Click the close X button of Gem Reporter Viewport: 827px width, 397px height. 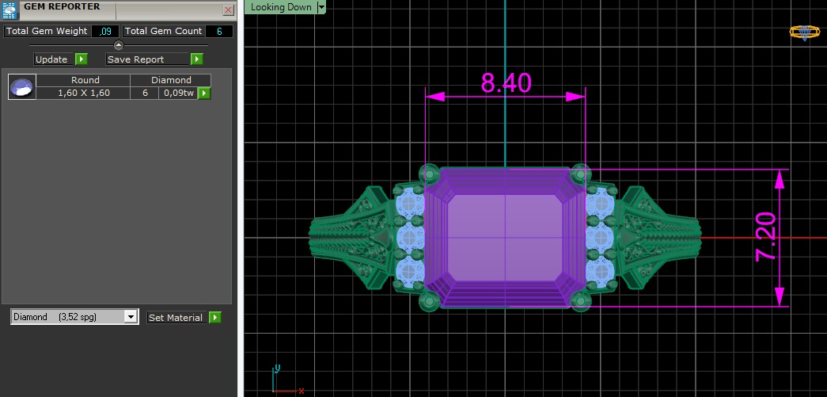click(228, 10)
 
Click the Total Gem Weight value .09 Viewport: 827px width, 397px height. click(104, 31)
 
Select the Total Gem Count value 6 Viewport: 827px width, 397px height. click(218, 31)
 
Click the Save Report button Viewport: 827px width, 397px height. click(147, 59)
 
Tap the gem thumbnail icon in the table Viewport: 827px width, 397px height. click(21, 87)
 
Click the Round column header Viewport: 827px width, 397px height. click(85, 80)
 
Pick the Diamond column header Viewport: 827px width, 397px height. click(171, 80)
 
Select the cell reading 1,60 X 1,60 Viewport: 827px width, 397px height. click(84, 94)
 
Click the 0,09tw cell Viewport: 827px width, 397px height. click(178, 94)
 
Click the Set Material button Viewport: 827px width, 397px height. click(176, 318)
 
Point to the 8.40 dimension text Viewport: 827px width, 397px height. click(506, 82)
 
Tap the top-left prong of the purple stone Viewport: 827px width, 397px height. click(430, 172)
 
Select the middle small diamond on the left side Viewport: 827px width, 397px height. click(409, 236)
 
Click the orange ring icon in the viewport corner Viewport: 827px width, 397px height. click(805, 32)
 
